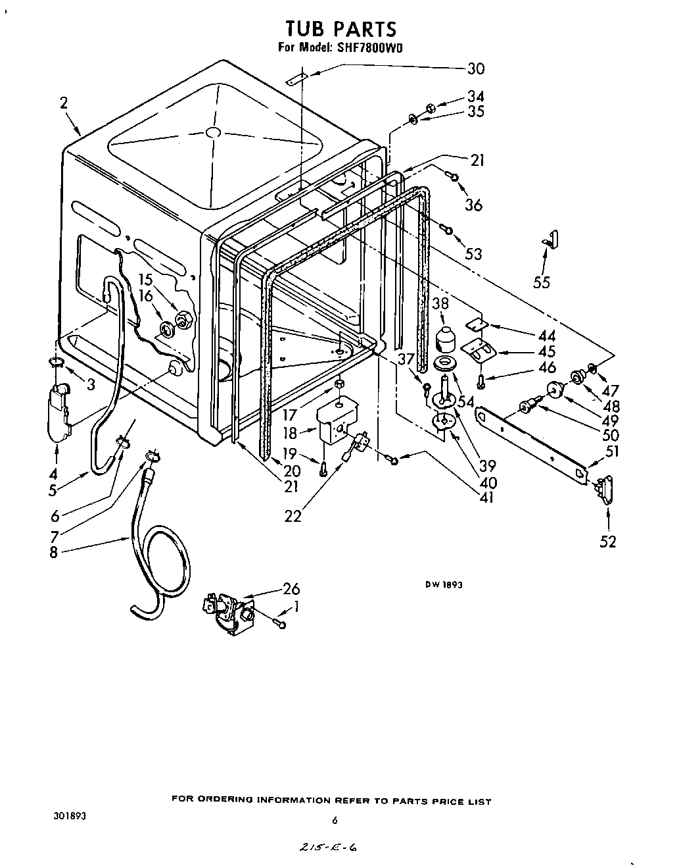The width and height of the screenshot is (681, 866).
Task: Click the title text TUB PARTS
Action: click(x=341, y=29)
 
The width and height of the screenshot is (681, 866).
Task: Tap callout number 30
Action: click(x=475, y=68)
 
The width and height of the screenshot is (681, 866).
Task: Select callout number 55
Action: click(x=542, y=282)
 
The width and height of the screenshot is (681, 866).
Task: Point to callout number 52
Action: click(x=608, y=542)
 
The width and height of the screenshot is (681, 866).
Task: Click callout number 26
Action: click(x=291, y=588)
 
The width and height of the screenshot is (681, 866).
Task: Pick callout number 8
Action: click(x=53, y=552)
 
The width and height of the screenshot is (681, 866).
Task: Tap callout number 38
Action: click(x=440, y=303)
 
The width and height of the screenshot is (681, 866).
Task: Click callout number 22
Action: click(x=293, y=517)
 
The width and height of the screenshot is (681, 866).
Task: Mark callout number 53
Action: click(x=473, y=253)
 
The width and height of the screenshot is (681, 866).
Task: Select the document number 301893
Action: click(x=69, y=815)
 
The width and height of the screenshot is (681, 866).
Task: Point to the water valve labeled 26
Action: click(x=228, y=613)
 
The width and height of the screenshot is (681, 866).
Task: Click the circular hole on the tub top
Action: click(x=212, y=132)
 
